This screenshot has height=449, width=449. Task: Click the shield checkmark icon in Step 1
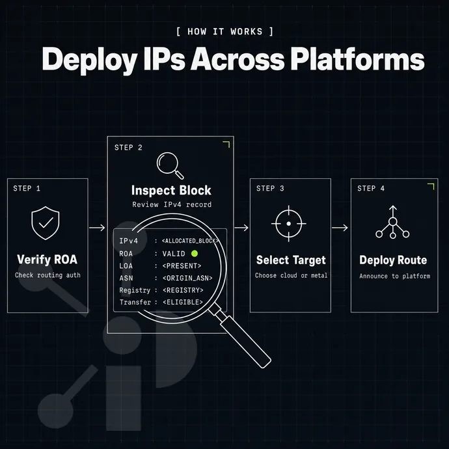46,223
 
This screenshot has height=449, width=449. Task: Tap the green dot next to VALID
195,253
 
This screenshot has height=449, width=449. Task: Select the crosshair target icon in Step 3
289,223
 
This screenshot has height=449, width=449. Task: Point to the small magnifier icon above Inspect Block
170,165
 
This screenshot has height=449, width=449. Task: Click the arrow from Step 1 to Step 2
97,228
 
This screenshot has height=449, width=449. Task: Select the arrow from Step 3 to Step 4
340,228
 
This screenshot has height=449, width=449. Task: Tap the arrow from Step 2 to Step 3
241,228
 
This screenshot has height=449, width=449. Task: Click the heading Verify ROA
48,260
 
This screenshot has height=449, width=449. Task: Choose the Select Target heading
291,260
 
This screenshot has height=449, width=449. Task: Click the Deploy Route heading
393,260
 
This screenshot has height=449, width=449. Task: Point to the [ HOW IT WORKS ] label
224,31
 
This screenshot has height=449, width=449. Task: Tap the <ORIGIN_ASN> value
187,278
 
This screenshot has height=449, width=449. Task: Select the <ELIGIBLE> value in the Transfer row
183,302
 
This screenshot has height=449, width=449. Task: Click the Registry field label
135,290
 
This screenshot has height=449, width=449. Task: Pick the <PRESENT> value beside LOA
182,266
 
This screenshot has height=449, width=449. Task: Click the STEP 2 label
128,148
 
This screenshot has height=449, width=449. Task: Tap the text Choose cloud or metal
291,275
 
